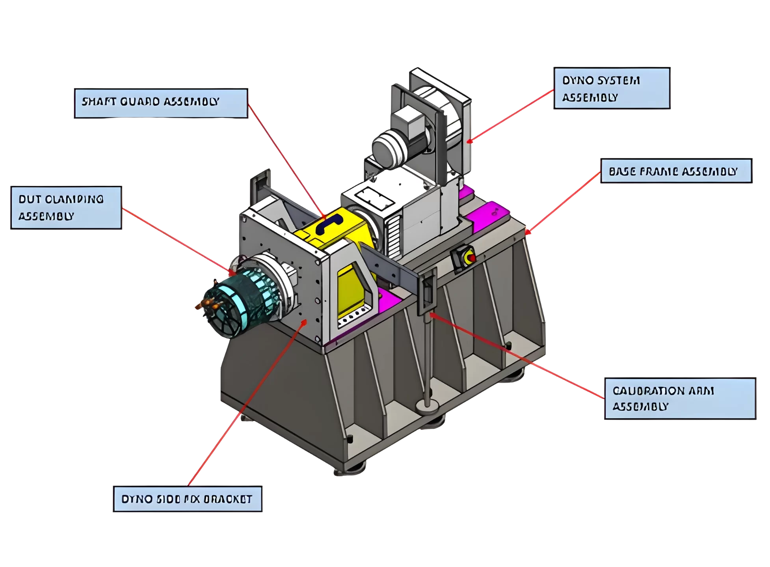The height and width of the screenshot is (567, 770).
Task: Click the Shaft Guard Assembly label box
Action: click(161, 103)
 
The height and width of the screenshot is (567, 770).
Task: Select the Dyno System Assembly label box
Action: click(611, 88)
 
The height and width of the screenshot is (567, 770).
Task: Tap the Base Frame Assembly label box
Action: click(676, 171)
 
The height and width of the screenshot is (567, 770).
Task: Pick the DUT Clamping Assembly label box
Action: click(66, 207)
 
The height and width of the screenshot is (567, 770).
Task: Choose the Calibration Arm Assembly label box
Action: click(680, 399)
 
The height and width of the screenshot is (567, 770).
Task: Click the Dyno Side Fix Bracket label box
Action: click(187, 499)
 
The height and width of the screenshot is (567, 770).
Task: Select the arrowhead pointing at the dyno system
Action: click(469, 141)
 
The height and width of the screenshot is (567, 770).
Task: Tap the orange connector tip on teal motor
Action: click(204, 304)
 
